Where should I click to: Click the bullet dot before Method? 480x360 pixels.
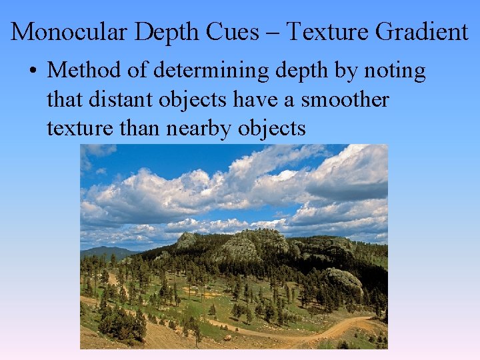pos(37,71)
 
